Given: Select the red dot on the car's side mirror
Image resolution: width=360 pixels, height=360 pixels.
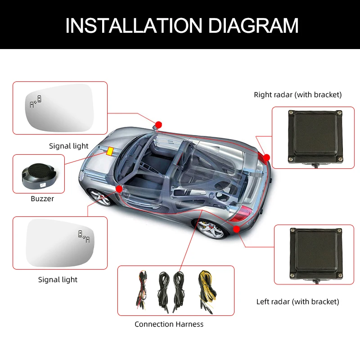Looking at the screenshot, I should [158, 125].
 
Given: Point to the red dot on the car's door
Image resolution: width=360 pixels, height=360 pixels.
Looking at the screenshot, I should [119, 189].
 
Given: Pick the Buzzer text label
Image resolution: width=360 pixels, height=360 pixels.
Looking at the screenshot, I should [42, 199].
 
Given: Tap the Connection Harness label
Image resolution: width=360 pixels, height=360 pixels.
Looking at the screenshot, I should [169, 324].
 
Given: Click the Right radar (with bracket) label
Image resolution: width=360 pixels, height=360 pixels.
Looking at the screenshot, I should [297, 94].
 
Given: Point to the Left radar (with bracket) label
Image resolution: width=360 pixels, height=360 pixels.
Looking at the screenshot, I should [297, 301].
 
